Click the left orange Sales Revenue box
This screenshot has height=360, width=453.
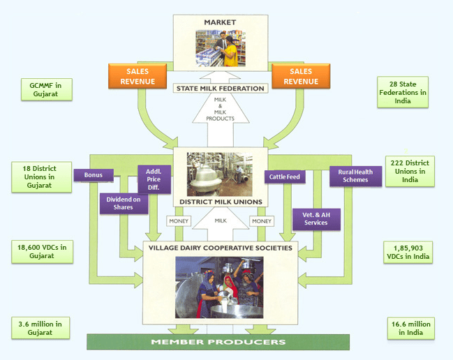pos(138,76)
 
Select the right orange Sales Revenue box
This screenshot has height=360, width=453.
pos(301,76)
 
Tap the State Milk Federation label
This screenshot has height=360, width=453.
pos(221,89)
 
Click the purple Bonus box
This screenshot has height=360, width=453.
pos(94,175)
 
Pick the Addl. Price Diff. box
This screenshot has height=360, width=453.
pos(154,179)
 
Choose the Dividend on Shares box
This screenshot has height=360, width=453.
pos(124,203)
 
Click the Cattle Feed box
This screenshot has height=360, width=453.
pos(285,177)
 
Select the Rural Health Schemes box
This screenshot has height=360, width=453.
pos(355,176)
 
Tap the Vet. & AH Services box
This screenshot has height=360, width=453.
pos(316,219)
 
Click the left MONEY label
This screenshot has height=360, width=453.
pos(179,221)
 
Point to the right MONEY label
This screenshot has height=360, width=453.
pos(262,221)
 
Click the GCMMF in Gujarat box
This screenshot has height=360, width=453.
pos(47,89)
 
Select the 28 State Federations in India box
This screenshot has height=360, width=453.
pos(403,92)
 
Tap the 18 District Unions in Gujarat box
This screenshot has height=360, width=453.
pos(42,177)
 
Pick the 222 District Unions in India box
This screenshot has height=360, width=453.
pos(410,171)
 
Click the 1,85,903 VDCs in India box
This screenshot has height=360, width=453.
pos(408,253)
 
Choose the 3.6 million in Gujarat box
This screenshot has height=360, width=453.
pos(40,328)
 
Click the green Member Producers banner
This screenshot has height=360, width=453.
pos(218,342)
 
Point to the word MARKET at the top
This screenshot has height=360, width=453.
pos(220,22)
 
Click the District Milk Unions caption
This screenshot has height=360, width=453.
pos(221,202)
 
